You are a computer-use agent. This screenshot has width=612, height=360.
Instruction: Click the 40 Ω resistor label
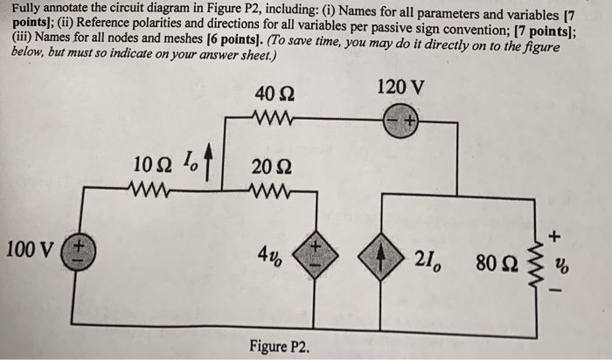[274, 95]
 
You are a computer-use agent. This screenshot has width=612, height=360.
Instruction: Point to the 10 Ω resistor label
[152, 163]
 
